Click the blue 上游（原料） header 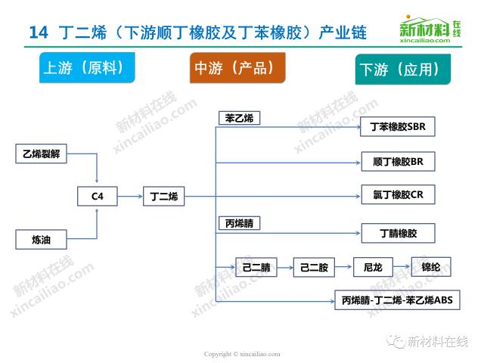pyautogui.click(x=83, y=67)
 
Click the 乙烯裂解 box pyautogui.click(x=42, y=154)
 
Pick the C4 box pyautogui.click(x=98, y=197)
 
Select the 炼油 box pyautogui.click(x=42, y=240)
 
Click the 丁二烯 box pyautogui.click(x=163, y=197)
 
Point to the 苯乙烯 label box pyautogui.click(x=240, y=118)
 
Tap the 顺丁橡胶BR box pyautogui.click(x=398, y=161)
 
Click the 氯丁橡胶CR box pyautogui.click(x=398, y=195)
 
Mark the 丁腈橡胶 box pyautogui.click(x=398, y=234)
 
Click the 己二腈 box pyautogui.click(x=256, y=266)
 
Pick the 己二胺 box pyautogui.click(x=313, y=266)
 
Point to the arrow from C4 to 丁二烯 pyautogui.click(x=130, y=197)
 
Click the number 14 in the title pyautogui.click(x=39, y=33)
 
